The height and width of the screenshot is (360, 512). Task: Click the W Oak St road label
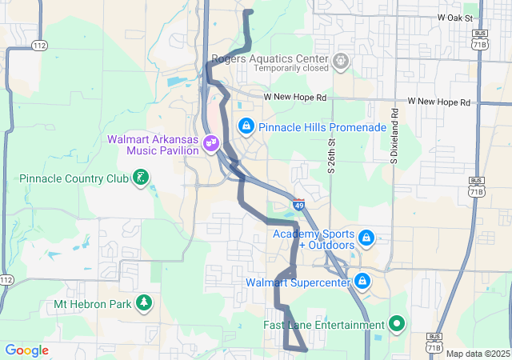point(456,18)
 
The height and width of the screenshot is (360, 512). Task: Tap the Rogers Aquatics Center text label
point(270,59)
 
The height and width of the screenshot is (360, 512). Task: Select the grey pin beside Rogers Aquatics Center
point(342,61)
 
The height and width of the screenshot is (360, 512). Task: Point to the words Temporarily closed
point(291,69)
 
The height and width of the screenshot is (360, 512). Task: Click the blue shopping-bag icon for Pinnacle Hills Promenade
point(246,126)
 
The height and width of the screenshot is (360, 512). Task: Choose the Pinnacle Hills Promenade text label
point(322,127)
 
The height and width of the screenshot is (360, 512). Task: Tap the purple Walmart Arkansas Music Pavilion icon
point(211,144)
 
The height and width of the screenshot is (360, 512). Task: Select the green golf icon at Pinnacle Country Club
point(141,177)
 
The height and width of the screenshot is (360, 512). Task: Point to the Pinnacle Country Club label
point(74,178)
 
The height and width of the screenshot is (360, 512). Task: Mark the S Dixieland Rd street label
point(394,135)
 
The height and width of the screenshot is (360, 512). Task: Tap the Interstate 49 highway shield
point(298,205)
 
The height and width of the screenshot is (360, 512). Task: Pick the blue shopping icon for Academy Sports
point(366,238)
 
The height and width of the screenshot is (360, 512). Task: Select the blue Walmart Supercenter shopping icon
point(362,282)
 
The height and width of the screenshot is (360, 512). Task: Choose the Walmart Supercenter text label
point(298,282)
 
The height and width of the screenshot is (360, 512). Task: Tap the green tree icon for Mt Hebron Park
point(144,303)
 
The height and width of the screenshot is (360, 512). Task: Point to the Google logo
point(27,350)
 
